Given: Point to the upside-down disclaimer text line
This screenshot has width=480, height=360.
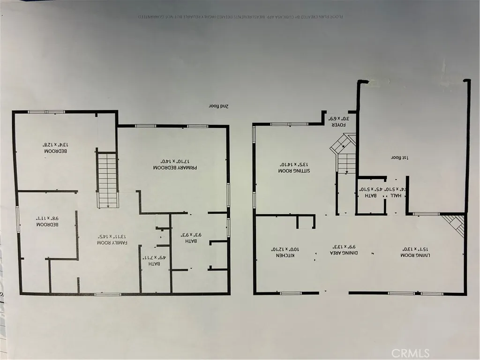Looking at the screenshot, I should coord(240,16).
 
